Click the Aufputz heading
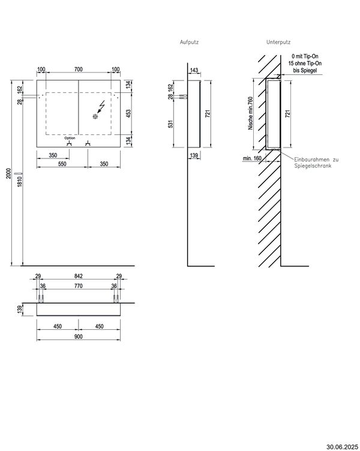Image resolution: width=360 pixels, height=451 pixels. click(189, 42)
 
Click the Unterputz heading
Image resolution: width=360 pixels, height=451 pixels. click(278, 42)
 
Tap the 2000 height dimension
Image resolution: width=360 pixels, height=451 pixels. click(8, 173)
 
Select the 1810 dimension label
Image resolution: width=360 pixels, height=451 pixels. click(20, 182)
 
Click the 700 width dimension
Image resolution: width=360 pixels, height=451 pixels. click(78, 70)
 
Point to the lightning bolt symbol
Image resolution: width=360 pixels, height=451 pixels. click(101, 107)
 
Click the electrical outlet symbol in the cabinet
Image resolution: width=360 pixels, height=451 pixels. click(95, 116)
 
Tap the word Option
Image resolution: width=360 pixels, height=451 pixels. click(70, 138)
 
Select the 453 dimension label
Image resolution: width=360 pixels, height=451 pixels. click(128, 113)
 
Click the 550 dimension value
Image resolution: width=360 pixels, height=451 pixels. click(62, 164)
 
